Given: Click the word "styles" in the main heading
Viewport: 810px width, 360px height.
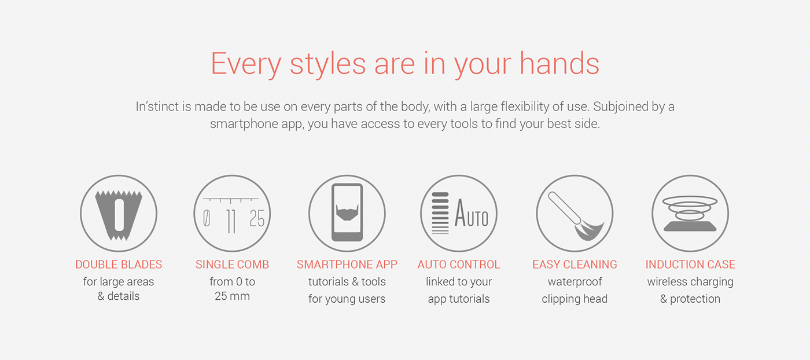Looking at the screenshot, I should [327, 64].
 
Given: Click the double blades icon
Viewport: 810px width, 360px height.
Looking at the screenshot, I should [119, 213].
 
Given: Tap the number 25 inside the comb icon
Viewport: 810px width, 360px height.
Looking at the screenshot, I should [257, 219].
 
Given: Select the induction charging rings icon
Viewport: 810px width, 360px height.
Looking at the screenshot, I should [690, 213].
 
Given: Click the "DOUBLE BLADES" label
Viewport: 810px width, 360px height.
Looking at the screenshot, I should [119, 265].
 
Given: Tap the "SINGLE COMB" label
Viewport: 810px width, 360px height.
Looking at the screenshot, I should [232, 265].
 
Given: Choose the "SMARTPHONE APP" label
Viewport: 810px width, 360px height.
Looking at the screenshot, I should [347, 265].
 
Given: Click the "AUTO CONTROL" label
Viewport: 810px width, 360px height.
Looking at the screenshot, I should [459, 265].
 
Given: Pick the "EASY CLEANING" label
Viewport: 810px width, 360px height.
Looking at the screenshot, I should [575, 265].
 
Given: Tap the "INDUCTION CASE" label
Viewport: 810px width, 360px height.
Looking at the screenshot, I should [690, 265].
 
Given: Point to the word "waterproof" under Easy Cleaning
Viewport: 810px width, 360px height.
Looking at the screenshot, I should [575, 282].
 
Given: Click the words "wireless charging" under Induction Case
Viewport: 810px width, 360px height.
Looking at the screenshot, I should [690, 282].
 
